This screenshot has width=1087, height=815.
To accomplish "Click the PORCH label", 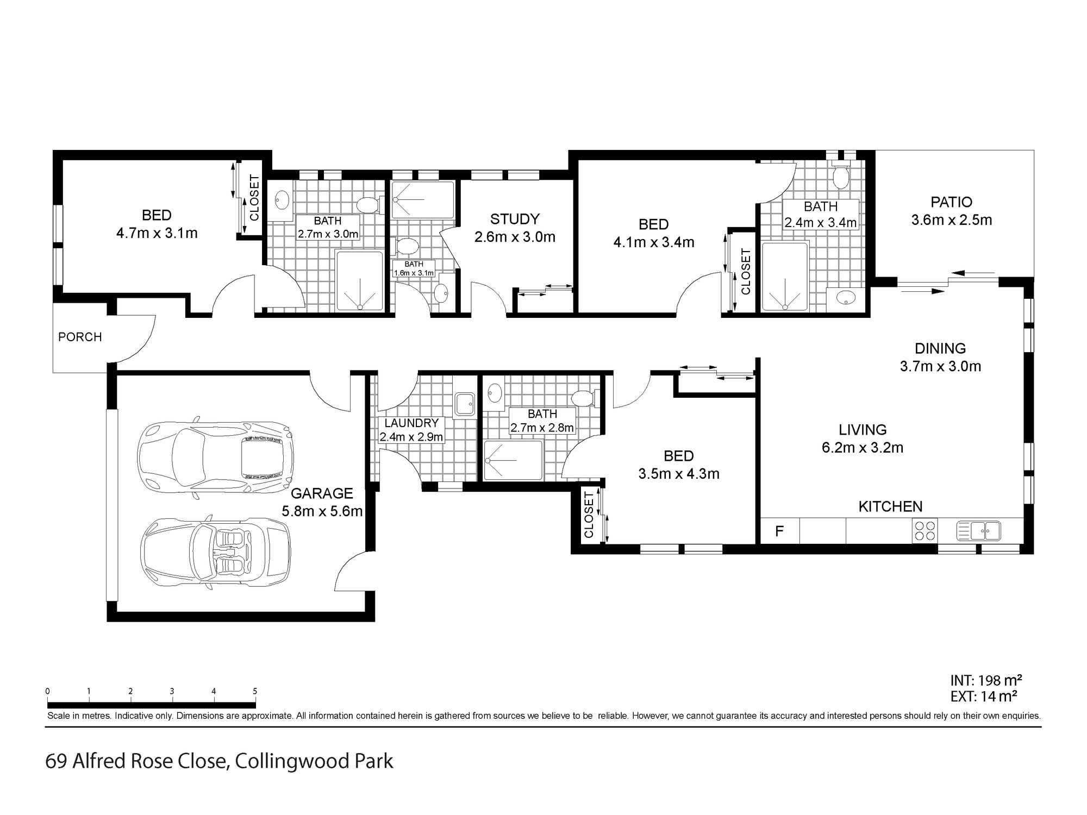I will tap(80, 337).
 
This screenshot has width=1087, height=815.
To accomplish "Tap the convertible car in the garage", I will tap(215, 550).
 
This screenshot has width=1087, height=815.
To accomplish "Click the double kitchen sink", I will tap(978, 530).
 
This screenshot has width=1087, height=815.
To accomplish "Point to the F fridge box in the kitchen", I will tap(779, 531).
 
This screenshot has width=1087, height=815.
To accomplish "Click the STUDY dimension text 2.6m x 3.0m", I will tap(515, 237).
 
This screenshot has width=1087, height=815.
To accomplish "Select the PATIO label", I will tap(951, 202).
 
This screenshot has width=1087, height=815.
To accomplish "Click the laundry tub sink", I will tap(465, 404).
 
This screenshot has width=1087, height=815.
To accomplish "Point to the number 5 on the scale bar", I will tap(255, 691).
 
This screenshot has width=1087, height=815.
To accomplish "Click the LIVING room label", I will tap(863, 429).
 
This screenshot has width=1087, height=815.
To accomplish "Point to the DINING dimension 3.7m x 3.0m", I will tap(940, 366).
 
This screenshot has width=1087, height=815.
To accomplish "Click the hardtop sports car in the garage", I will tap(215, 455).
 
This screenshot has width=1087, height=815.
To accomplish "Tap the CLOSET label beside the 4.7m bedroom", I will tap(254, 198).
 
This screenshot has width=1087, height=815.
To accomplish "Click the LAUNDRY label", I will tap(411, 423).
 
